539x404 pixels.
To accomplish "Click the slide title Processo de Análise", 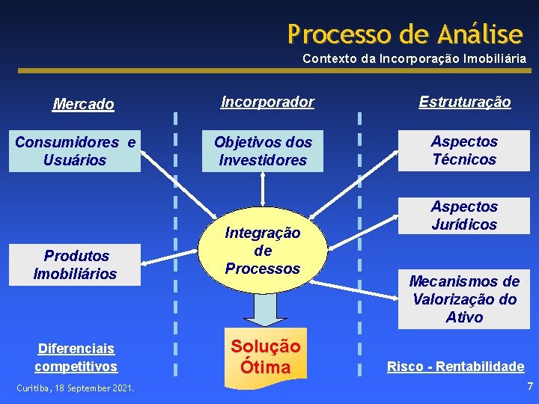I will tap(405, 34).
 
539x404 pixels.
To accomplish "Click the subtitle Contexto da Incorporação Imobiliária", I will tap(414, 58).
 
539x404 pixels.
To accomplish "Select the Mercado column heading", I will tap(83, 104).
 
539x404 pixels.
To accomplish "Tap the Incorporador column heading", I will tap(267, 102).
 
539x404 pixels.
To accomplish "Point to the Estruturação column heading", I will tap(464, 102).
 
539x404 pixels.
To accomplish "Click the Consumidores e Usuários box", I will tap(75, 150).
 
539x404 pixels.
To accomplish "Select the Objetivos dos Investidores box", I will tap(263, 150).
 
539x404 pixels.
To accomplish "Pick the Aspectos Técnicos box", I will tap(463, 150).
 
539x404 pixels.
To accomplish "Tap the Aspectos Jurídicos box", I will tap(463, 215).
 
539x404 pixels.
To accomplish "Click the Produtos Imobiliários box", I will tap(75, 265).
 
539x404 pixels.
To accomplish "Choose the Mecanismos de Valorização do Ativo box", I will tap(463, 299).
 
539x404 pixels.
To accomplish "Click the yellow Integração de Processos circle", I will tap(263, 251).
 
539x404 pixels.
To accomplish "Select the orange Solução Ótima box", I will tap(265, 357).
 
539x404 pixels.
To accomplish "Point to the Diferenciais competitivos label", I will tap(76, 358).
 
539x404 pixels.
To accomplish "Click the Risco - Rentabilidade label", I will tap(455, 367).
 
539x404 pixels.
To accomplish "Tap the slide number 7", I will tap(530, 387).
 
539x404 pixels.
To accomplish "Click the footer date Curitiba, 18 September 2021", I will tap(76, 388).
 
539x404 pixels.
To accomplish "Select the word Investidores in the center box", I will tap(263, 160).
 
